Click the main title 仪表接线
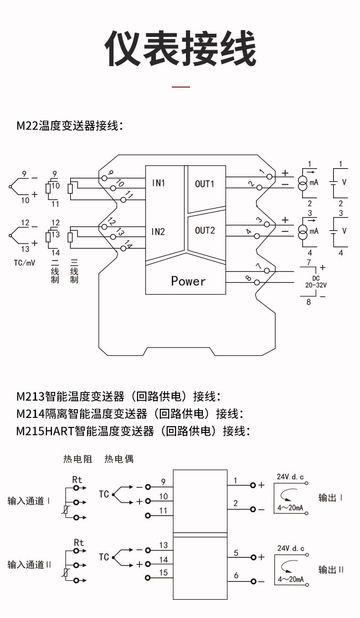[x=180, y=49]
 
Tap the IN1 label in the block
[x=158, y=183]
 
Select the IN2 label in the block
[x=158, y=231]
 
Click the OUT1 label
[x=205, y=184]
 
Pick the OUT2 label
[x=205, y=231]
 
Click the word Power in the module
[x=188, y=281]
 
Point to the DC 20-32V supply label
[x=316, y=282]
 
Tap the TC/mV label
[x=24, y=263]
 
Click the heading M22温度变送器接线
[x=70, y=126]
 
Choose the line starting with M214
[x=130, y=414]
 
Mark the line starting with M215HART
[x=133, y=431]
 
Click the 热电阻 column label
[x=77, y=459]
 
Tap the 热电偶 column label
[x=119, y=459]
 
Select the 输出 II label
[x=331, y=570]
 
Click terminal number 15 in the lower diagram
[x=164, y=573]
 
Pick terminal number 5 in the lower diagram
[x=236, y=553]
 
